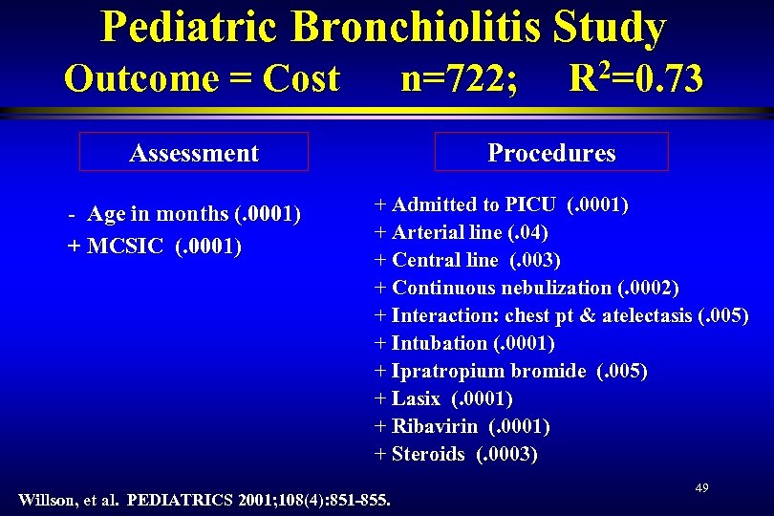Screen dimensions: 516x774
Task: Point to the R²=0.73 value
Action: click(635, 77)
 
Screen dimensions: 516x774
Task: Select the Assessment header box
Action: click(194, 152)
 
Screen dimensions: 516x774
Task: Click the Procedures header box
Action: click(551, 152)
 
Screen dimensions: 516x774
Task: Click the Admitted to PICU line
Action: click(502, 204)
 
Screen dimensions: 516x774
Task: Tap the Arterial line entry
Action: click(462, 232)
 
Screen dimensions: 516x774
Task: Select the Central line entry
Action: click(467, 260)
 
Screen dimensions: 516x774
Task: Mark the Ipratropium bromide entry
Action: click(511, 371)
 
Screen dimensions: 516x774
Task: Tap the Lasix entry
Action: click(444, 398)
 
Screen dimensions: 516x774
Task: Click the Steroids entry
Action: click(458, 454)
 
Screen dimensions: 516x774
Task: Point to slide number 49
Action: click(701, 488)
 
